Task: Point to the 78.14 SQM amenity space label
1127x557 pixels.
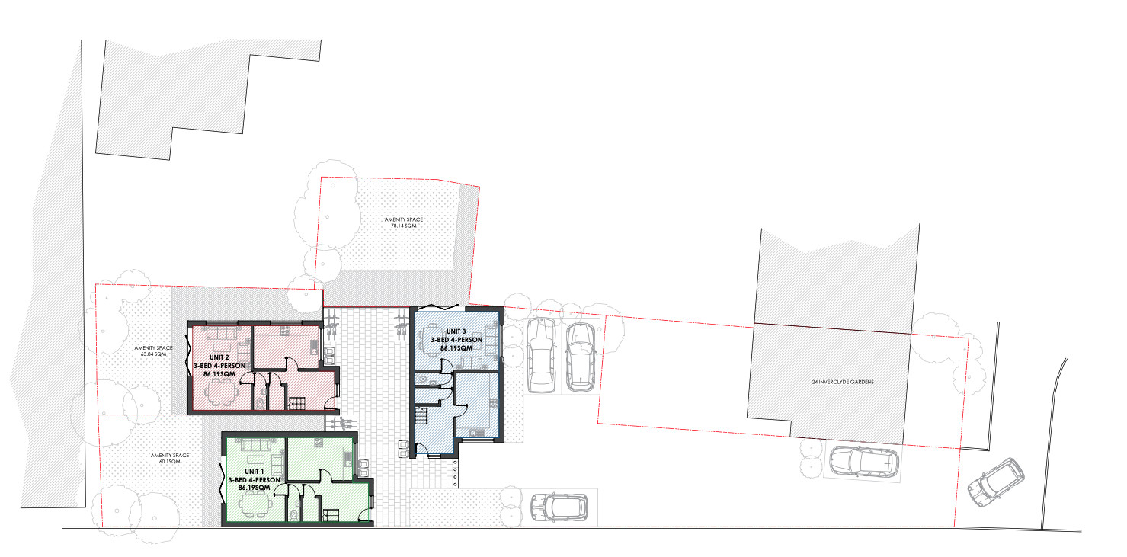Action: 403,222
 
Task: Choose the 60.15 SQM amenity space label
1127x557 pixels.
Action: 165,459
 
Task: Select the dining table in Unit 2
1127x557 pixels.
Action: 220,392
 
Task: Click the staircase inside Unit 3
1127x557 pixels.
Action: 421,418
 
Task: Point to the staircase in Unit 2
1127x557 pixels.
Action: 295,403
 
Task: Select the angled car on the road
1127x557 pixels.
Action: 995,482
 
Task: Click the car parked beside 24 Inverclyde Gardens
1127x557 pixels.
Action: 863,460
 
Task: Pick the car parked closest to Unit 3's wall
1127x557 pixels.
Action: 541,354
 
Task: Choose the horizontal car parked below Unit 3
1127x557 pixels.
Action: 560,506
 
